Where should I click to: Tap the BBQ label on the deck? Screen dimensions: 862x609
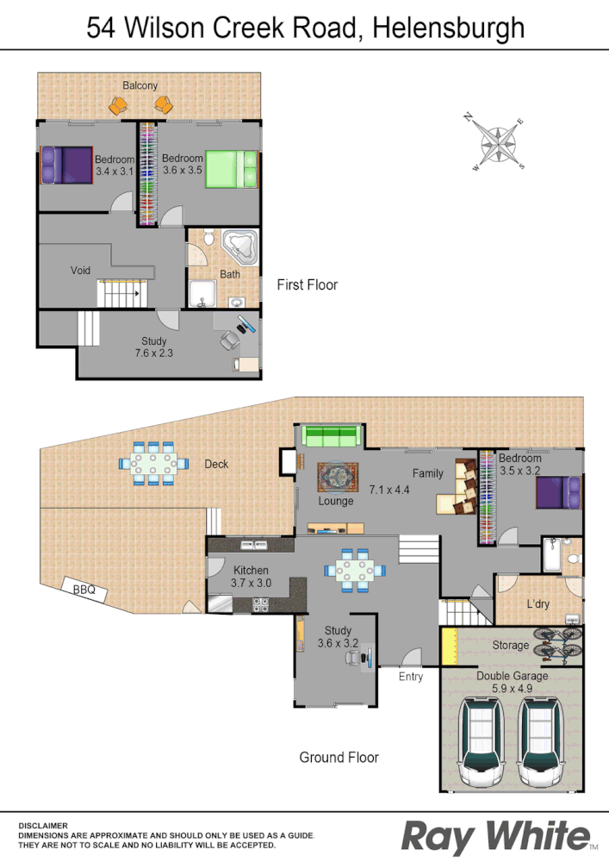point(84,590)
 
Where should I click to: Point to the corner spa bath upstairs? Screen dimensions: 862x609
point(239,247)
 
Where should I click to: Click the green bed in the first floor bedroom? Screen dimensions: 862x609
point(231,168)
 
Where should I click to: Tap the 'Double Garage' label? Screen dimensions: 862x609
point(512,677)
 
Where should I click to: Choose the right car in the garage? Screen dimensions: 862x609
point(540,740)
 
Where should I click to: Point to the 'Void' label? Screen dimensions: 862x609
point(80,271)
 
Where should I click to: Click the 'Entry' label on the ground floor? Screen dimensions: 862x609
point(411,677)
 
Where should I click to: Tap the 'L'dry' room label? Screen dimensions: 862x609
point(538,604)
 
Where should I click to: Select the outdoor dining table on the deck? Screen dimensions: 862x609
point(153,464)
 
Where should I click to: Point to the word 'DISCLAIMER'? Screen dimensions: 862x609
point(43,825)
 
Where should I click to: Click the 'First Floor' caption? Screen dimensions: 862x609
point(307,284)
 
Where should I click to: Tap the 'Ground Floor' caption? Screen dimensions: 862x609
point(339,758)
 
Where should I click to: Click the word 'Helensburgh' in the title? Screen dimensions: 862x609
point(450,28)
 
